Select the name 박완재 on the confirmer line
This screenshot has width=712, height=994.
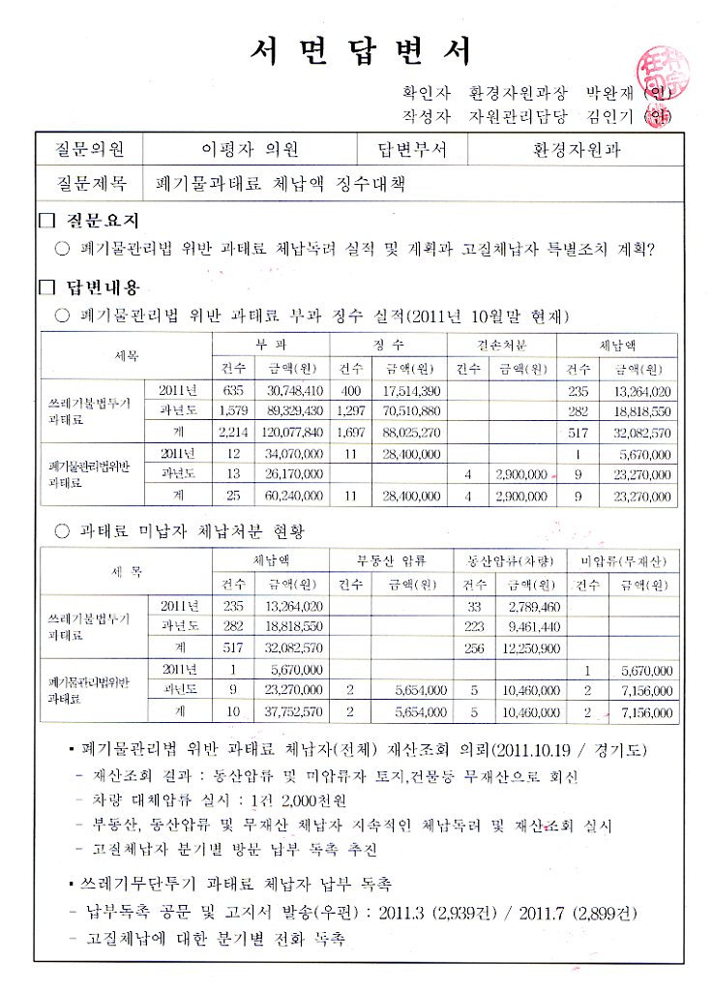pos(608,95)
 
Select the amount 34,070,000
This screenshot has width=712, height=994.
pos(294,453)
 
